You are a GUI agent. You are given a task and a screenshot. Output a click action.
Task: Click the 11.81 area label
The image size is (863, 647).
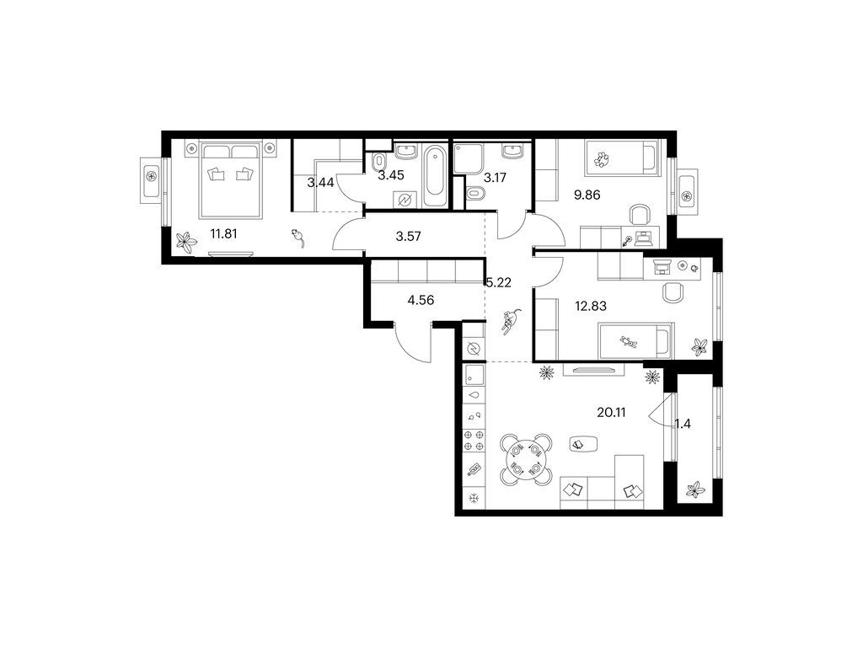(x=223, y=234)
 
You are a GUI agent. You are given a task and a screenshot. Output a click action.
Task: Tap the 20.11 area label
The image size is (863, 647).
(x=611, y=412)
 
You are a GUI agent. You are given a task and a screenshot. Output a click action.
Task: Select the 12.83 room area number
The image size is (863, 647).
(x=591, y=306)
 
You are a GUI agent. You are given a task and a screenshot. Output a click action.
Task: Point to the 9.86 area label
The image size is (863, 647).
(x=587, y=195)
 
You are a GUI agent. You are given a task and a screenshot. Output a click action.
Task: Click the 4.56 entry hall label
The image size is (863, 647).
(x=421, y=300)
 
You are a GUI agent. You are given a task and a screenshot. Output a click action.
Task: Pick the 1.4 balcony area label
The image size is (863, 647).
(x=683, y=424)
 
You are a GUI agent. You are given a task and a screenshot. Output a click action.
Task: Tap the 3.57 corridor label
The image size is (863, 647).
(x=409, y=237)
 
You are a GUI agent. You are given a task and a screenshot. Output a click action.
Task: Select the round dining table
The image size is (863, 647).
(x=525, y=461)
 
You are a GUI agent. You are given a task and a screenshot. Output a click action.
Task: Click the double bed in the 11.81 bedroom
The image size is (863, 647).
(x=231, y=180)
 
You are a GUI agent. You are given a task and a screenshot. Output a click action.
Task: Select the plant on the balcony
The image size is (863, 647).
(x=695, y=490)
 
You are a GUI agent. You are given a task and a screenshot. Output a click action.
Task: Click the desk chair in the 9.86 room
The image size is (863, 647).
(x=640, y=215)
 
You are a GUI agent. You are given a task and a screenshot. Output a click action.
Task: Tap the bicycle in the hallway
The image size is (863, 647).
(x=510, y=321)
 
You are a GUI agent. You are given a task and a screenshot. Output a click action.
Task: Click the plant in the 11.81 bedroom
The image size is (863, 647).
(x=186, y=242)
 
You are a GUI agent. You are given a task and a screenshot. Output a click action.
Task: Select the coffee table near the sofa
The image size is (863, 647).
(x=583, y=443)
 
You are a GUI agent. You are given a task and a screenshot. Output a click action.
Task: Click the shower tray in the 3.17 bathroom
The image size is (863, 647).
(x=469, y=158)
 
